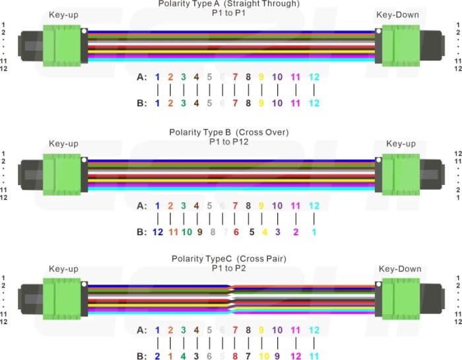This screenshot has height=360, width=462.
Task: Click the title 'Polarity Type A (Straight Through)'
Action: tap(228, 4)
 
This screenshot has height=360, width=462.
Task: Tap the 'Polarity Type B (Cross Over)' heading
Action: tap(228, 132)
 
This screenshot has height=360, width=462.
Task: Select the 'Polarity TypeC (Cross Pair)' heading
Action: tap(228, 258)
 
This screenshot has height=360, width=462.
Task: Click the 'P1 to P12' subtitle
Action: tap(228, 141)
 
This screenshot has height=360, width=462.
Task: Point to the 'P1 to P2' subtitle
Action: tap(228, 268)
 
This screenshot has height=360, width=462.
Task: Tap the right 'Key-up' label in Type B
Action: tap(400, 143)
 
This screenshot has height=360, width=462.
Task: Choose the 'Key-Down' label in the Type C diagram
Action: tap(400, 269)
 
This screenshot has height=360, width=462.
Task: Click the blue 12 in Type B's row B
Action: tap(157, 232)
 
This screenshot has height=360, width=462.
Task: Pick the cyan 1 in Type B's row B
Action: tap(314, 232)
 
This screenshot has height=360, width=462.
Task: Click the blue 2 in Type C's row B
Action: tap(157, 356)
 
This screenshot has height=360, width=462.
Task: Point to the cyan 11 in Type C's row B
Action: tap(314, 356)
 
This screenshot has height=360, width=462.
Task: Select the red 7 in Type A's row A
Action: tap(236, 77)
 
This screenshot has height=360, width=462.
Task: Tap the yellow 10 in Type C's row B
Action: tap(262, 356)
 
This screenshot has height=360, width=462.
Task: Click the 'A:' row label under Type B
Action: tap(141, 206)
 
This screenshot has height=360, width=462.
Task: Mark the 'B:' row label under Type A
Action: tap(141, 104)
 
